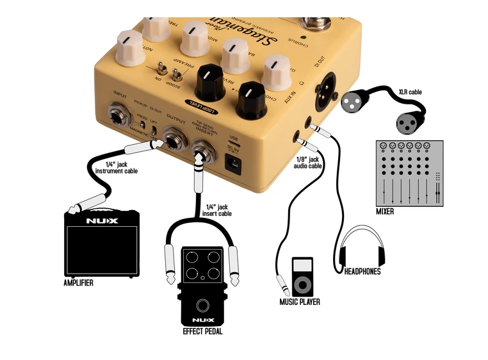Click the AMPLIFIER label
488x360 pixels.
[78, 282]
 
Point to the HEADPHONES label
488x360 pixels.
[362, 272]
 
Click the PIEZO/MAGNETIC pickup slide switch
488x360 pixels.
[154, 131]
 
